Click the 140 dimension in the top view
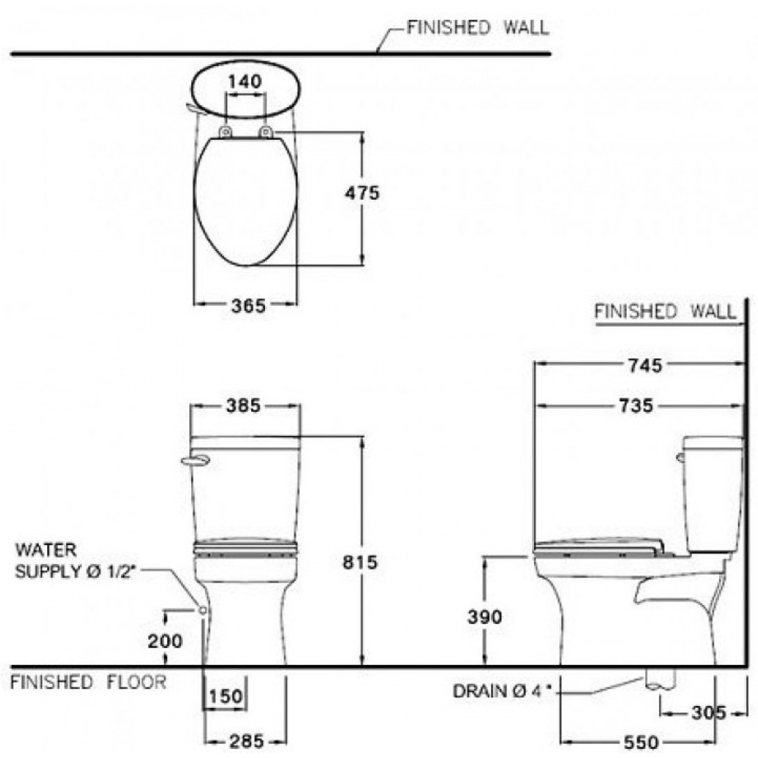245,81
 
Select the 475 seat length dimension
362,193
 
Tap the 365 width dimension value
248,305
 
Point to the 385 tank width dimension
243,405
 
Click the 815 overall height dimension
360,562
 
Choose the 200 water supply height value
166,641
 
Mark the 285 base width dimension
247,741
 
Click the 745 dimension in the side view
645,366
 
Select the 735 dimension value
636,405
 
